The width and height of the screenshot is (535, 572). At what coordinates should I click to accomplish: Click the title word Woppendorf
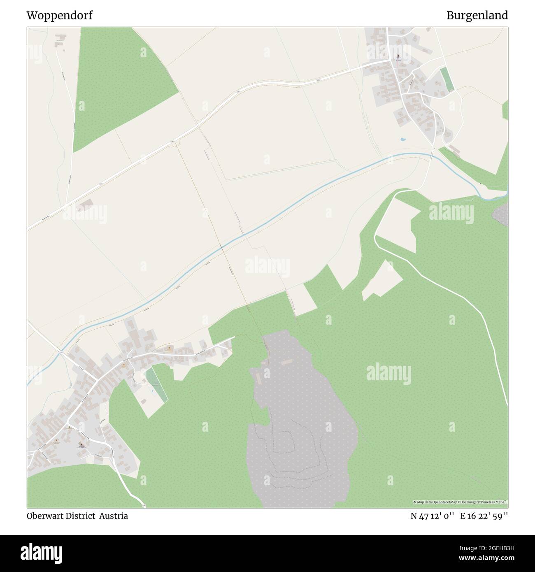pyautogui.click(x=59, y=16)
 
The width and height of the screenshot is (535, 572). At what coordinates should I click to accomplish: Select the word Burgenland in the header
pyautogui.click(x=477, y=16)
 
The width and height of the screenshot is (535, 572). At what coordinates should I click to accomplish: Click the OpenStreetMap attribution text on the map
pyautogui.click(x=461, y=502)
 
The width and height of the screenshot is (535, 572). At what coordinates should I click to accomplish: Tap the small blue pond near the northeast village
pyautogui.click(x=403, y=139)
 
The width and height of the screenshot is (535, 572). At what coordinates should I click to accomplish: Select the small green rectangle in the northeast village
pyautogui.click(x=447, y=79)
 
